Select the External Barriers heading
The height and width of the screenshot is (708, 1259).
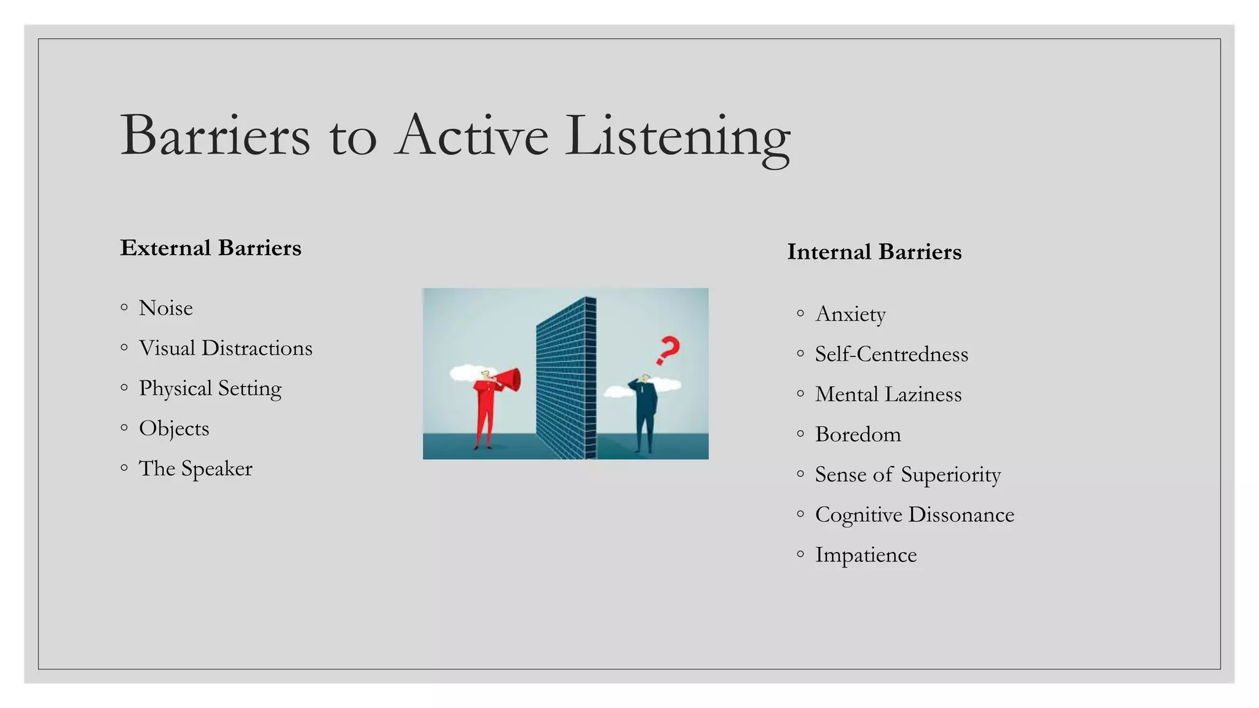point(211,248)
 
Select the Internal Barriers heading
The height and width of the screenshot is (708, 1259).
point(874,252)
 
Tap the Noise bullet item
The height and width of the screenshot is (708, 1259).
point(166,308)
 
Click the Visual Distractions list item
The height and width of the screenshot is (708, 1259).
point(225,348)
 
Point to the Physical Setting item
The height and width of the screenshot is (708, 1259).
point(210,388)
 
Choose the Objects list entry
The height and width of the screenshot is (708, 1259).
point(174,428)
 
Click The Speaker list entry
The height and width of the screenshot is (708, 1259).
point(195,468)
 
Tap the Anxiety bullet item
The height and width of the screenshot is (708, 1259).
point(850,314)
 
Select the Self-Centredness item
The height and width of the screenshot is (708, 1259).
point(891,355)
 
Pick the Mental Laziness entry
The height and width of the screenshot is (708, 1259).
point(888,395)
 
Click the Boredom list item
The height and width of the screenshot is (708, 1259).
point(858,435)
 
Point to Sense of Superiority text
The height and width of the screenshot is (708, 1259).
point(907,474)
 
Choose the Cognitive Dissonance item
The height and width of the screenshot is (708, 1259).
point(914,515)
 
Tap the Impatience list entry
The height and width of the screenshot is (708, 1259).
point(866,555)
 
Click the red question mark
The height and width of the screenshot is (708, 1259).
point(668,350)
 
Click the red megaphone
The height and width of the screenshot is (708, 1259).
point(509,380)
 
